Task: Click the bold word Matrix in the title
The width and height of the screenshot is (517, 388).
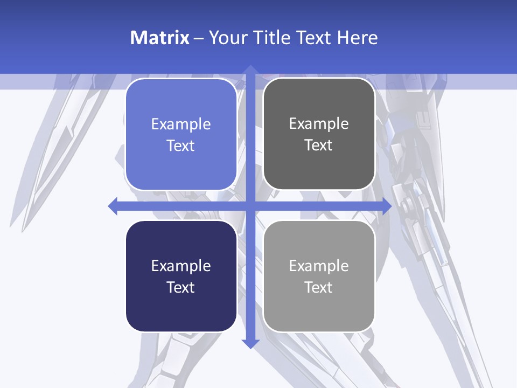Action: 160,38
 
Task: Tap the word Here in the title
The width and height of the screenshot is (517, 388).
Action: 358,38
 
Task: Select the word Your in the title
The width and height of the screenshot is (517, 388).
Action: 228,38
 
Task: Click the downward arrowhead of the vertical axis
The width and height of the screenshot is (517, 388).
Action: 250,344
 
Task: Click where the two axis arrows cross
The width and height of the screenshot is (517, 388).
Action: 250,206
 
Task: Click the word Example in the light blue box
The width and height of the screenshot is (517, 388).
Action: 181,124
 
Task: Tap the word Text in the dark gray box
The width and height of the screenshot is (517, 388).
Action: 319,145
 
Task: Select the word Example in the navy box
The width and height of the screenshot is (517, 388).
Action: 181,266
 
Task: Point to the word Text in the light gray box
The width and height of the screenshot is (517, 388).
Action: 319,287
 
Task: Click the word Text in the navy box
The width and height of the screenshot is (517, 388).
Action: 181,287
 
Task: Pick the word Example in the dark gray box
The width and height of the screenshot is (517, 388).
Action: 319,124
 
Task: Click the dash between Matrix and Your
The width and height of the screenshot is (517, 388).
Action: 199,38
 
